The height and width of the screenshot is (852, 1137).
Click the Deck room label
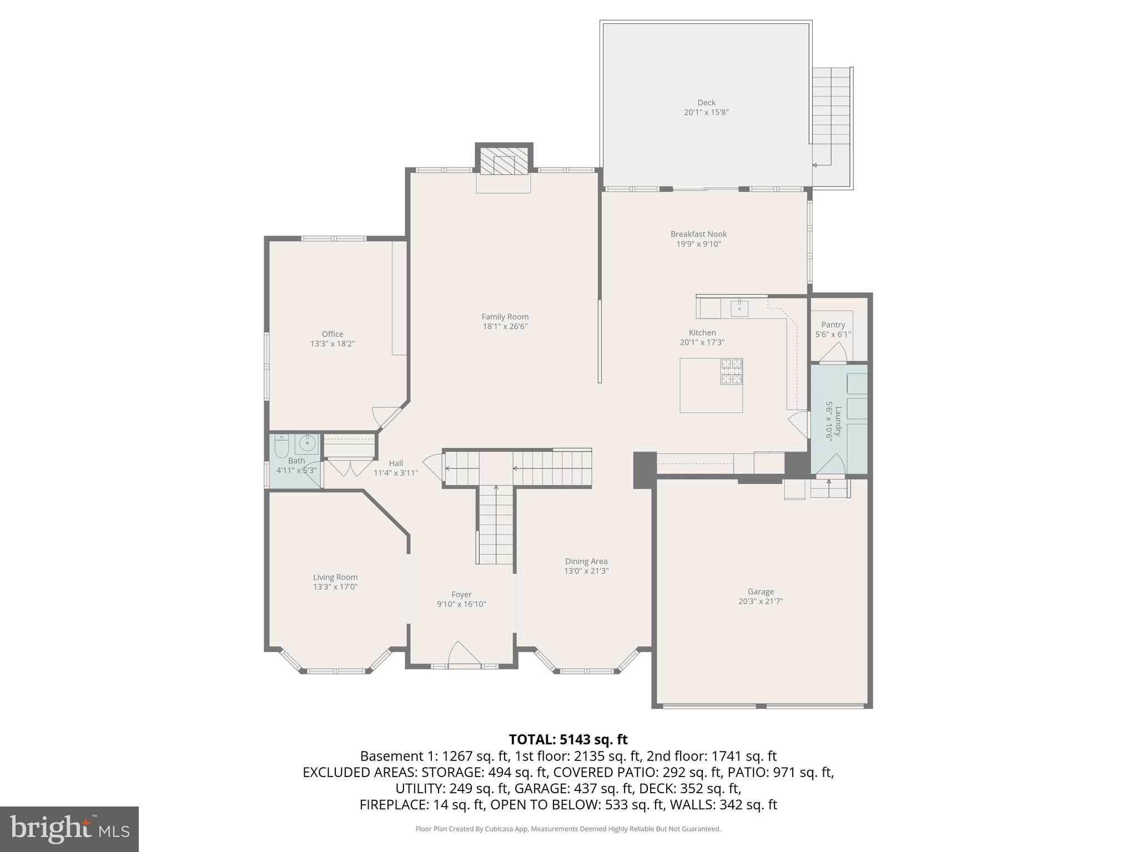pos(706,103)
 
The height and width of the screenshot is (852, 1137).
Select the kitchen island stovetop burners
pos(731,371)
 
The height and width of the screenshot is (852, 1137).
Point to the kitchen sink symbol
pos(739,308)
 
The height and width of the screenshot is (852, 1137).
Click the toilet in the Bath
pos(282,446)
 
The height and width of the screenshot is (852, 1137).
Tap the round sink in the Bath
pos(307,444)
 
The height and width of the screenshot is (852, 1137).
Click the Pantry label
pos(833,325)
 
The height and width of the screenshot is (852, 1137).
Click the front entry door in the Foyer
pos(464,655)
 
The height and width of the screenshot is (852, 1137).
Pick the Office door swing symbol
pos(385,417)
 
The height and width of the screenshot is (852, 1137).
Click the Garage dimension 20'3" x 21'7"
pos(761,601)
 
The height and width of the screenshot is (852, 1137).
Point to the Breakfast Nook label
pos(698,234)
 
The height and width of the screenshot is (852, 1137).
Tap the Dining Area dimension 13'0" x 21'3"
pos(586,571)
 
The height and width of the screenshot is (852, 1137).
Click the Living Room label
pos(335,577)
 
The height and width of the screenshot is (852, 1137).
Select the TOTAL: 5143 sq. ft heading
pos(568,739)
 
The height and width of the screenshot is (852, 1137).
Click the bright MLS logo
pos(69,829)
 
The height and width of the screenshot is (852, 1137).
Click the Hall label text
pos(396,463)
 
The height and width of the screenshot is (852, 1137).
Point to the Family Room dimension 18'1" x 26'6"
pos(505,327)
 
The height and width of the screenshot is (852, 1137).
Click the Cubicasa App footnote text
pos(568,829)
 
